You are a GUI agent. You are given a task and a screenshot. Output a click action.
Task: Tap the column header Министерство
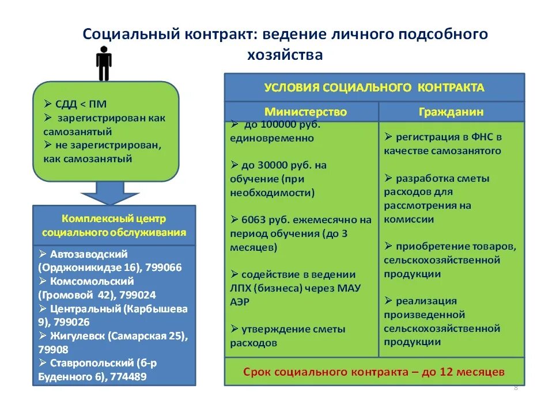pos(305,112)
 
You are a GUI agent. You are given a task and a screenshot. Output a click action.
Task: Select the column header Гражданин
pos(451,112)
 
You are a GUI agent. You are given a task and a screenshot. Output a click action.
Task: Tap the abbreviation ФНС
pos(478,137)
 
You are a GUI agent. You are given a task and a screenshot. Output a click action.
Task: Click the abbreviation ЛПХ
pos(241,288)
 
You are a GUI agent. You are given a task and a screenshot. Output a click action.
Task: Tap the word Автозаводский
pos(88,254)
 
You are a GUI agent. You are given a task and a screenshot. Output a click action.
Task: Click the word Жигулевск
pos(80,336)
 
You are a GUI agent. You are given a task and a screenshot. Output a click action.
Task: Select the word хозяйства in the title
pos(285,55)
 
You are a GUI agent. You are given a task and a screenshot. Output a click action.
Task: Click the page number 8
pos(516,388)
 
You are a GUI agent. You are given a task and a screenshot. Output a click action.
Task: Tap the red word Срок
pos(258,372)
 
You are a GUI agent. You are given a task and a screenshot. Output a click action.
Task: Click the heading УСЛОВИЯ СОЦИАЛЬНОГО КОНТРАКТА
pos(374,88)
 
